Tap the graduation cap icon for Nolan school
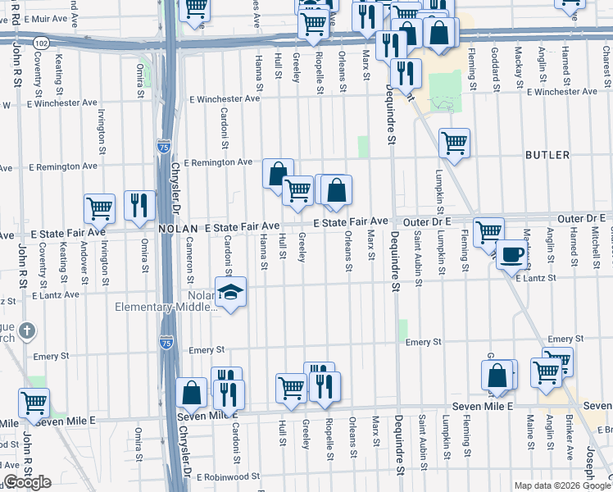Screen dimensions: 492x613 click(231, 292)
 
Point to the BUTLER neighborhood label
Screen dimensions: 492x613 click(547, 154)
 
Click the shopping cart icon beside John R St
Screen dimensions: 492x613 click(34, 403)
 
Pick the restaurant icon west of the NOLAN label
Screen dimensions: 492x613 click(139, 206)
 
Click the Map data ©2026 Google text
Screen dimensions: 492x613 click(561, 485)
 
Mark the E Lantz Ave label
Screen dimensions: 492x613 click(57, 293)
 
